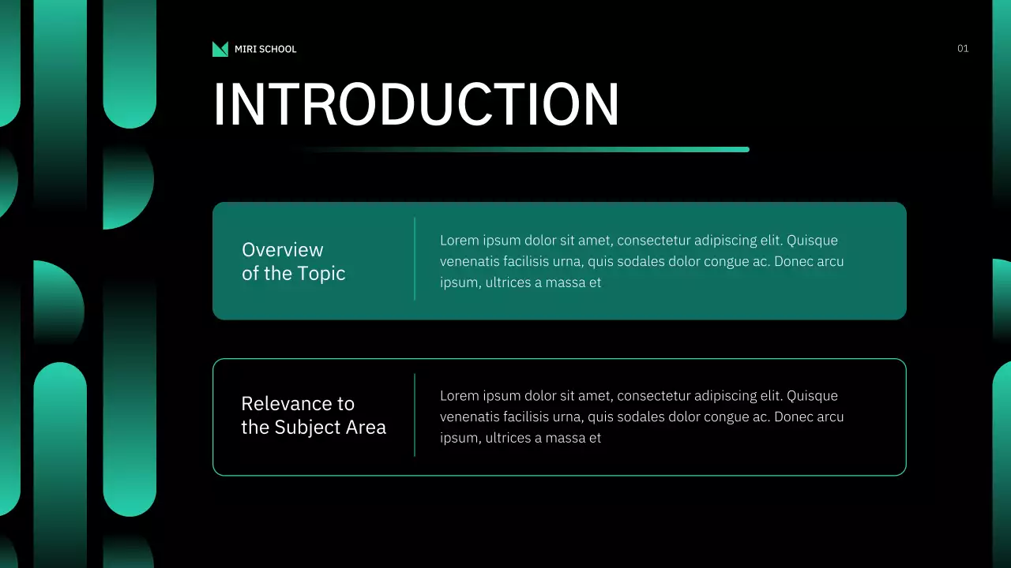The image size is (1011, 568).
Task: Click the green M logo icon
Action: [x=220, y=49]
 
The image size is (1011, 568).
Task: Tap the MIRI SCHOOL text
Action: [x=265, y=49]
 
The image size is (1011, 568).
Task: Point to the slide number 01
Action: [x=963, y=49]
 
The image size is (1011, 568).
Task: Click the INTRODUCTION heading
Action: [x=416, y=104]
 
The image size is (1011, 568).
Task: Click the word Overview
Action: [x=282, y=250]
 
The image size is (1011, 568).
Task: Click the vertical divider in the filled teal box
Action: [x=415, y=259]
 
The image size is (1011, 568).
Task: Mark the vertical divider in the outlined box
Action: [x=415, y=415]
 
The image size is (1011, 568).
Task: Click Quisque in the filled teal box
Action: [x=813, y=241]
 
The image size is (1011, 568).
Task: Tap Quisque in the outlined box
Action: [x=813, y=396]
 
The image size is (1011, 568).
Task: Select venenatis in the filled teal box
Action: [x=470, y=261]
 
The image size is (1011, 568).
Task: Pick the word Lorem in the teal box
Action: [x=459, y=241]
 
